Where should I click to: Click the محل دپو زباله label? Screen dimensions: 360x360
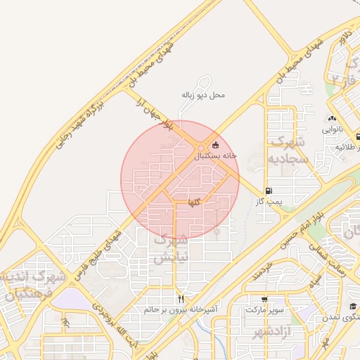point(203,94)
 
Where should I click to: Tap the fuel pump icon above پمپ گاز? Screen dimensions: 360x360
point(269,191)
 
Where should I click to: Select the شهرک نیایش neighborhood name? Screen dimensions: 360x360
point(172,248)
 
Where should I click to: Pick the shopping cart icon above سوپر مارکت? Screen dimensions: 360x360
point(264,300)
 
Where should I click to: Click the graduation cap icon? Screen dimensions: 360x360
point(353,307)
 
